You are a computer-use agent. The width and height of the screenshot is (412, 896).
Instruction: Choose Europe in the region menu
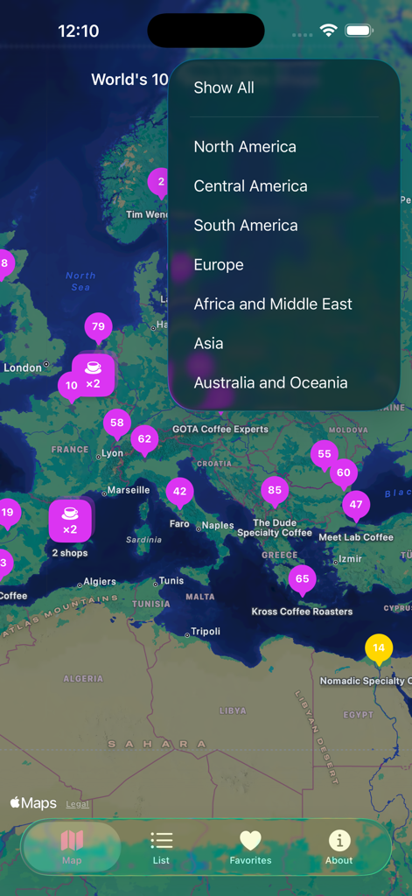pyautogui.click(x=219, y=264)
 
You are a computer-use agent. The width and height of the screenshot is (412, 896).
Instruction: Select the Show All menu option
pyautogui.click(x=224, y=87)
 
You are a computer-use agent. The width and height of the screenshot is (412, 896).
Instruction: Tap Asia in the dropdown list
pyautogui.click(x=209, y=343)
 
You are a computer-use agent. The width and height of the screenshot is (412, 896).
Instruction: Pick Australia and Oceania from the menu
pyautogui.click(x=270, y=382)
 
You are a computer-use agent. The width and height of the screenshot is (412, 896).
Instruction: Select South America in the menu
pyautogui.click(x=246, y=225)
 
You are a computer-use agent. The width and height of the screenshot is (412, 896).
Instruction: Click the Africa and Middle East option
pyautogui.click(x=273, y=304)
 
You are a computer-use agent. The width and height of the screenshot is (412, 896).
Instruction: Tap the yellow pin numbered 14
pyautogui.click(x=379, y=648)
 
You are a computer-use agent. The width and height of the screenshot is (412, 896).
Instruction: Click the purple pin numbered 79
pyautogui.click(x=98, y=327)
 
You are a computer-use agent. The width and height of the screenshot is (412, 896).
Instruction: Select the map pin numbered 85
pyautogui.click(x=275, y=491)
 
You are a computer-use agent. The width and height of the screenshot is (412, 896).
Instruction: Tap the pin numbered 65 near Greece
pyautogui.click(x=302, y=579)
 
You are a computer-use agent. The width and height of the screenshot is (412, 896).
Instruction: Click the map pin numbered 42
pyautogui.click(x=179, y=492)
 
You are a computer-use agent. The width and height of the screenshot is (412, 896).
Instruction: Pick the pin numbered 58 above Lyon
pyautogui.click(x=117, y=423)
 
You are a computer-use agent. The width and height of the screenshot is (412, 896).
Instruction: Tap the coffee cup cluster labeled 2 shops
pyautogui.click(x=70, y=520)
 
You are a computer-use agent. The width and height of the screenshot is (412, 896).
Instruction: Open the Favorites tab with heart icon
pyautogui.click(x=250, y=847)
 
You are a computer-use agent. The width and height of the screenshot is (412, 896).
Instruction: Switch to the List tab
pyautogui.click(x=161, y=847)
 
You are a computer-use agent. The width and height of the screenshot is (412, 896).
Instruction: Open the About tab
pyautogui.click(x=339, y=847)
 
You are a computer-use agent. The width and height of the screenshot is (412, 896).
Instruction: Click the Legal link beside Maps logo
pyautogui.click(x=77, y=804)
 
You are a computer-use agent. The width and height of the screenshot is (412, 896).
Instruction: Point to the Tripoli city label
pyautogui.click(x=206, y=632)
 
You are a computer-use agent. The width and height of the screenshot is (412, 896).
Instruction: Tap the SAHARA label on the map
pyautogui.click(x=157, y=744)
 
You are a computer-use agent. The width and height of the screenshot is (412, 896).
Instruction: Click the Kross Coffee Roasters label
pyautogui.click(x=302, y=612)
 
